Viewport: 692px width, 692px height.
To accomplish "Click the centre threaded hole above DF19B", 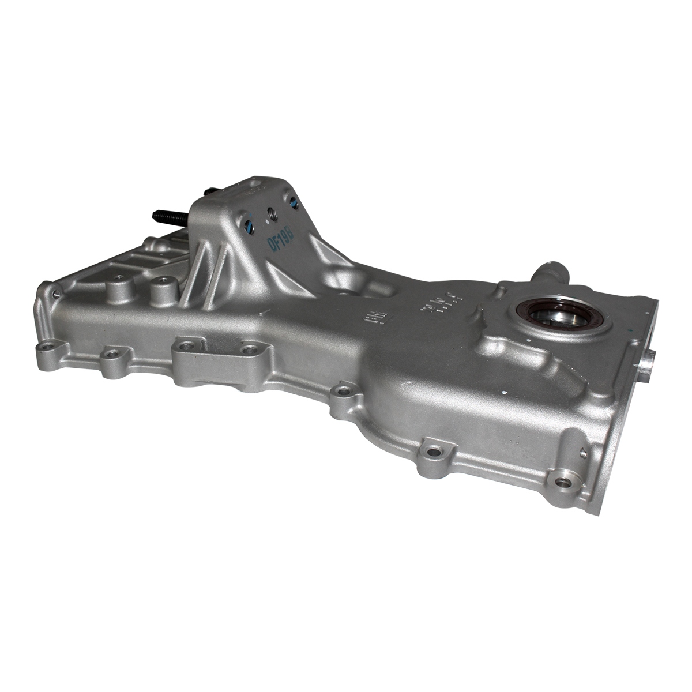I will coord(269,214).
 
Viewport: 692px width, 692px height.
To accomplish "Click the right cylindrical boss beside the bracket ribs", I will coord(159,284).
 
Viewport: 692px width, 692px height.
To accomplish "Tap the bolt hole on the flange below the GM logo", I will coord(343,392).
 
